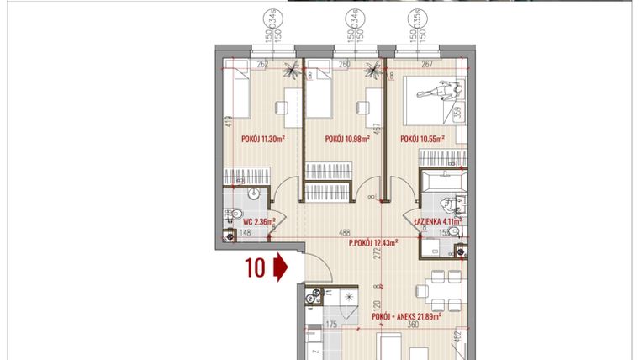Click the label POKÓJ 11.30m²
262,140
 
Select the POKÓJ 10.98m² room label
347,140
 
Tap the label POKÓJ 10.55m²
422,140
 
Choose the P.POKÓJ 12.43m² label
372,244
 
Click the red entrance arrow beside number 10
281,267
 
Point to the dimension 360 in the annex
413,324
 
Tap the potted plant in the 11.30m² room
290,68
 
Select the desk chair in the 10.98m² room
362,108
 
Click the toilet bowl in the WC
237,214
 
